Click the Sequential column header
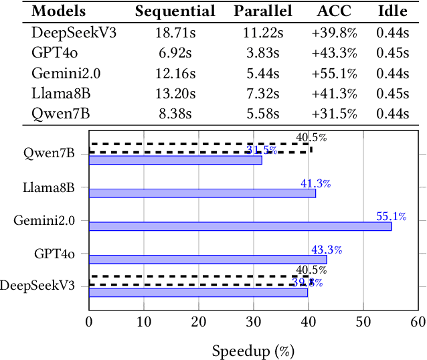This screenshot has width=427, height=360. pos(175,11)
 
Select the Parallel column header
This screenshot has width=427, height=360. pos(262,11)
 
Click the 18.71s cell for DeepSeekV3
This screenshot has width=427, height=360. pos(175,32)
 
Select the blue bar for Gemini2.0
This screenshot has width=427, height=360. pos(240,226)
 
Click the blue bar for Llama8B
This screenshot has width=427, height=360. pos(202,193)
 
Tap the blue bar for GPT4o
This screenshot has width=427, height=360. pos(207,259)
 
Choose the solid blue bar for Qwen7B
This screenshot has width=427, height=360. pos(175,160)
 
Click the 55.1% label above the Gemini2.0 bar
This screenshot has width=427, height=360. pos(392,216)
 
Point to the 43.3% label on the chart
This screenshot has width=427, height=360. pos(327,250)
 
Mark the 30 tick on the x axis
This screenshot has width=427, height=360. pos(254,322)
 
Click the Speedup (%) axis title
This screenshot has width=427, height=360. pos(253,350)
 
